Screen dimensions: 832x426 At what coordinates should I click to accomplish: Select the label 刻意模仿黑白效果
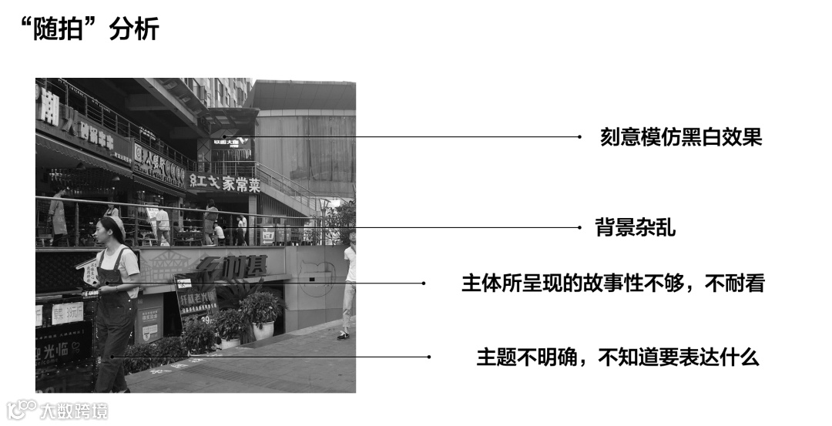click(x=681, y=137)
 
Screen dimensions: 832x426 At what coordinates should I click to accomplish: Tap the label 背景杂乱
click(x=635, y=227)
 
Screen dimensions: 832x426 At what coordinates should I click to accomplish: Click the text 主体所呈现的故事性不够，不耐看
click(x=612, y=283)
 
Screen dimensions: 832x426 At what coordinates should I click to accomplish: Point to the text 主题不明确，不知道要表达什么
click(x=618, y=357)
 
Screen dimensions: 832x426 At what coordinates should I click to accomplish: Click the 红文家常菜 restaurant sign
click(x=224, y=183)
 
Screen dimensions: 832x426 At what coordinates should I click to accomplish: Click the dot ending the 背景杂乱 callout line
click(x=579, y=227)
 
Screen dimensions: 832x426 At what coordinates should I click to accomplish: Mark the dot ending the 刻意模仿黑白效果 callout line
click(x=579, y=137)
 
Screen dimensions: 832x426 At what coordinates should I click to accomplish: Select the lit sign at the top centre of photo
click(x=231, y=143)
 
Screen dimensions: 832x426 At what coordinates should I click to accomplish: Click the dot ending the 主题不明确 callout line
click(x=428, y=357)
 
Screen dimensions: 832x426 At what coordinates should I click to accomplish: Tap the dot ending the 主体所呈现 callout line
click(x=423, y=283)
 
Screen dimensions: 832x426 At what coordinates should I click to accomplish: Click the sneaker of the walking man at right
click(x=344, y=334)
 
